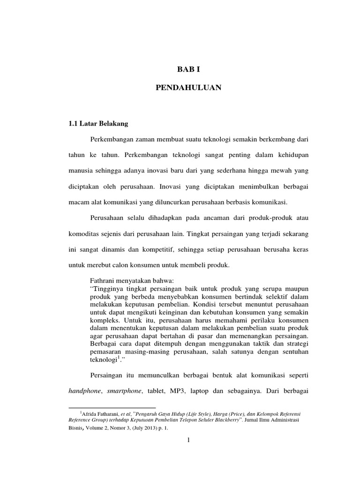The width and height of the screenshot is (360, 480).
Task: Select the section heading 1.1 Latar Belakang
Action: click(98, 124)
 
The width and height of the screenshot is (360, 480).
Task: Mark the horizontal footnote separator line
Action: click(112, 408)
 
